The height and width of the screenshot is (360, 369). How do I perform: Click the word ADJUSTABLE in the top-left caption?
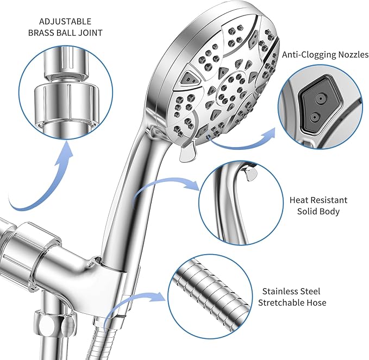pos(65,22)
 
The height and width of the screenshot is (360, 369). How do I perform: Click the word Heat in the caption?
pos(299,200)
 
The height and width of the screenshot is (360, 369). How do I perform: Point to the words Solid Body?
pos(318,211)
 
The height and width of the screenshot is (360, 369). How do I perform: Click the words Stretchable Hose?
pos(292,302)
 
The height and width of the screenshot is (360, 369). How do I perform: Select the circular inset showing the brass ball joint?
pos(65,90)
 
